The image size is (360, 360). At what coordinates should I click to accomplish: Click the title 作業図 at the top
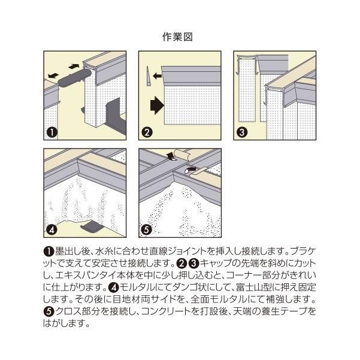coord(177,37)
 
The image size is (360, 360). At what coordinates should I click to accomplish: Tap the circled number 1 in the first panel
coord(52,132)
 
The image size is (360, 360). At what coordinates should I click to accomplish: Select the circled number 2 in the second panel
coord(147,132)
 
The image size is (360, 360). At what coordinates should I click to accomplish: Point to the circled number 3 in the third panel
coord(242,132)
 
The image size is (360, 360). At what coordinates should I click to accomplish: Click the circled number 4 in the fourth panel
coord(52,230)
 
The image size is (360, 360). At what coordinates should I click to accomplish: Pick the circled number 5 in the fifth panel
coord(147,230)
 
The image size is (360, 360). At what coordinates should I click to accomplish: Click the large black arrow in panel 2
coord(157,105)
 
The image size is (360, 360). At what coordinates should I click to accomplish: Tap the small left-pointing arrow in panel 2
coord(158,75)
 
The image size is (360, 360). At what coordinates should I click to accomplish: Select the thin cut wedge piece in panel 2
coord(149,76)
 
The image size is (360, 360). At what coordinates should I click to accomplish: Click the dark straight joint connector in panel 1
coord(74,78)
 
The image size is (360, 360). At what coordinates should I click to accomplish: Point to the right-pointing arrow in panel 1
coord(74,66)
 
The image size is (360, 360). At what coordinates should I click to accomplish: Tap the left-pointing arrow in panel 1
coord(53,75)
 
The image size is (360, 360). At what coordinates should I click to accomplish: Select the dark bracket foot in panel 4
coord(92,226)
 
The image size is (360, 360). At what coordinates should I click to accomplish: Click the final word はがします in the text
coord(63,323)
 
